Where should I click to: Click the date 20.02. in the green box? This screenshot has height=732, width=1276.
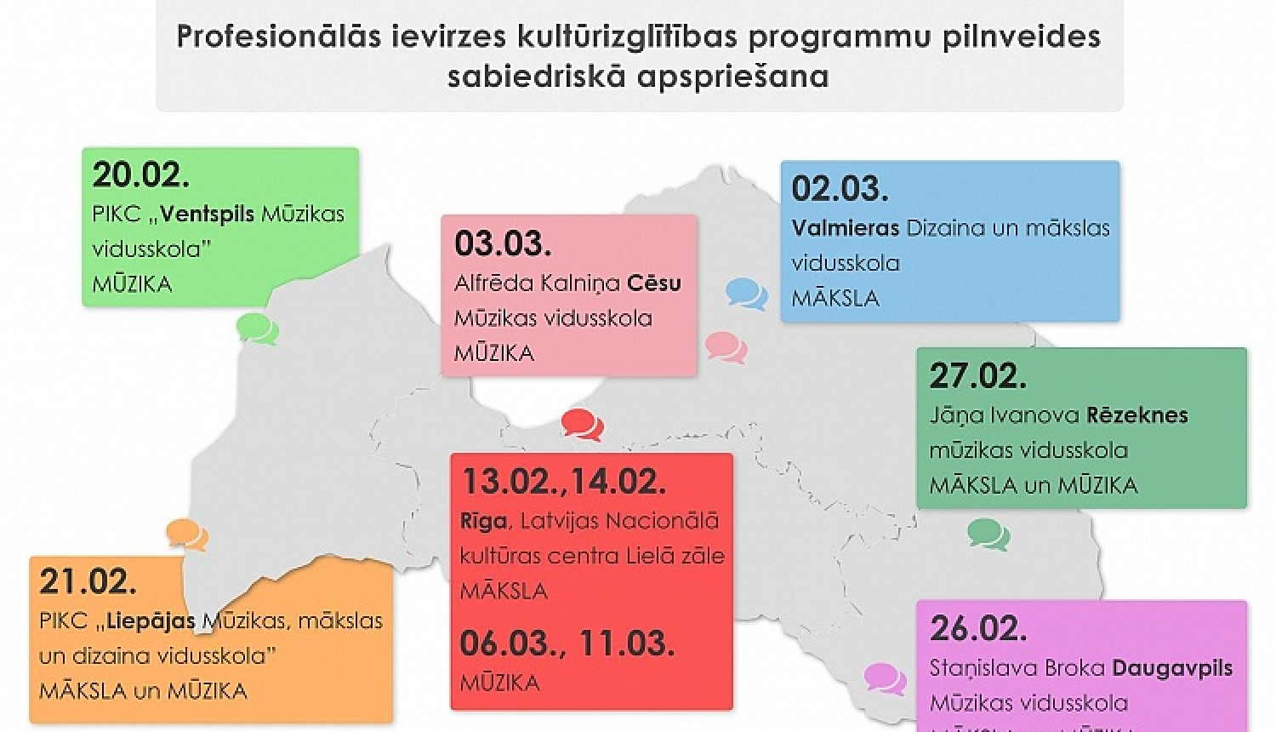pyautogui.click(x=140, y=175)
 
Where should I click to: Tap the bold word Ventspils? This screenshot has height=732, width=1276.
pyautogui.click(x=208, y=214)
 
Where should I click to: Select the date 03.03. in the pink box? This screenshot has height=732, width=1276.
pyautogui.click(x=503, y=243)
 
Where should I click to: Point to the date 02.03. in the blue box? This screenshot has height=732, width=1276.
pyautogui.click(x=840, y=189)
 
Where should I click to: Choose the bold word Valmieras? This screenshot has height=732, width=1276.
pyautogui.click(x=845, y=228)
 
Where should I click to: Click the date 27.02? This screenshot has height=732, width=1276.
pyautogui.click(x=977, y=376)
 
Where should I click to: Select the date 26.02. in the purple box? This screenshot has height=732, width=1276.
pyautogui.click(x=978, y=628)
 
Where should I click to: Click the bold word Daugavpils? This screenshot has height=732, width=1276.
pyautogui.click(x=1173, y=667)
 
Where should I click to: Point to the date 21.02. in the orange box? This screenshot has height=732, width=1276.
pyautogui.click(x=88, y=582)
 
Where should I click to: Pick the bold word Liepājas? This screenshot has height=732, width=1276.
pyautogui.click(x=151, y=621)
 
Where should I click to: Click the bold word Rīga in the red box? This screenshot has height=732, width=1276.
pyautogui.click(x=482, y=521)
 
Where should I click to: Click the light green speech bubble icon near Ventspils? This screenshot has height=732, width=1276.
pyautogui.click(x=257, y=329)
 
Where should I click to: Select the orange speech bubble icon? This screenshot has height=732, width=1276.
pyautogui.click(x=187, y=535)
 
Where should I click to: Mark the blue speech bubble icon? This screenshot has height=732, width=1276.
pyautogui.click(x=747, y=294)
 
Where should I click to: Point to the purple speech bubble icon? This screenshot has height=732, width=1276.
pyautogui.click(x=885, y=679)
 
